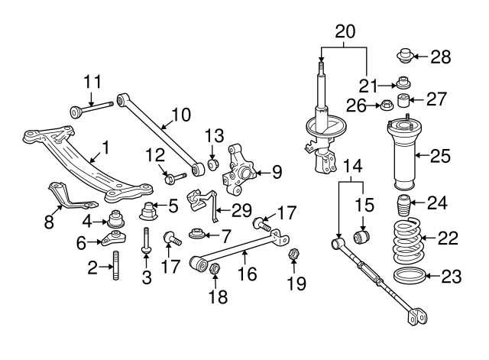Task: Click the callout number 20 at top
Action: (345, 31)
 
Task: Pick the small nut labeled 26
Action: (387, 105)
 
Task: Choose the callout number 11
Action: (92, 80)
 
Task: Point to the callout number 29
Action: (241, 209)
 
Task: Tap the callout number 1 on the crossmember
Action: (105, 146)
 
